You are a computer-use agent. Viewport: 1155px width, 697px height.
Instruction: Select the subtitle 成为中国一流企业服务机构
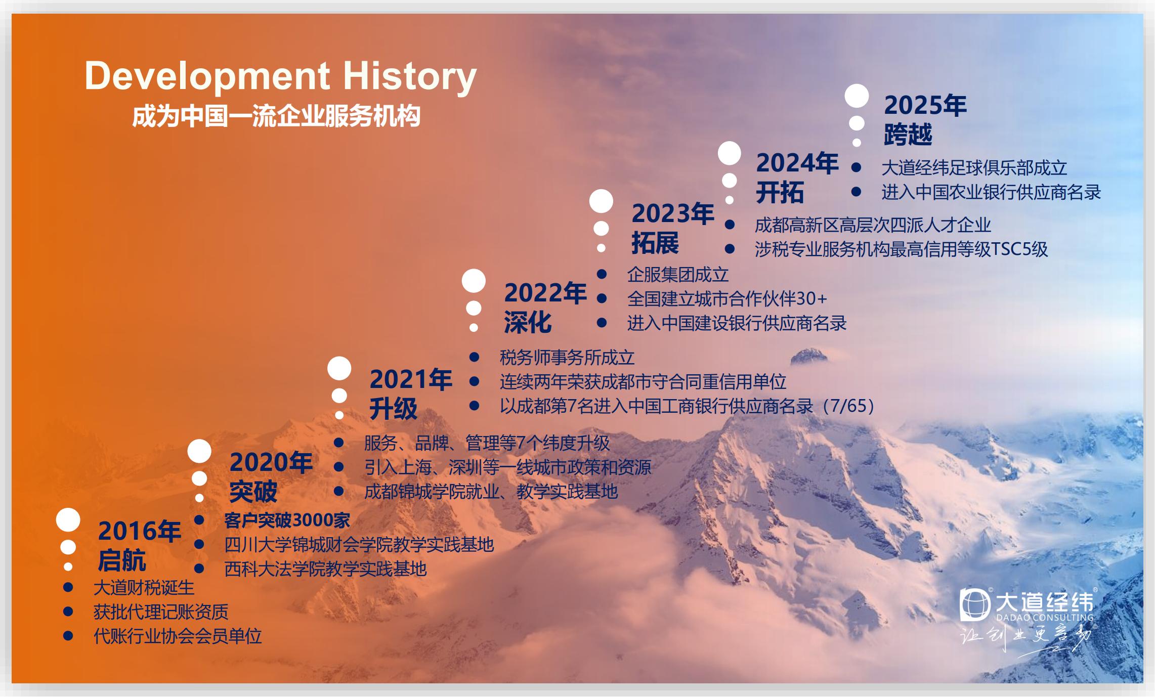coord(276,116)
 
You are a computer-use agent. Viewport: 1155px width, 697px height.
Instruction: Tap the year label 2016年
coord(140,531)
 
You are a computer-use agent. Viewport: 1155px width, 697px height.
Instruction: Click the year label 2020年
coord(271,462)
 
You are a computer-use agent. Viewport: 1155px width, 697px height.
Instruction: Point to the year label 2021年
coord(411,380)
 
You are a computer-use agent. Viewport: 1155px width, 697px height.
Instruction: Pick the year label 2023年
coord(673,213)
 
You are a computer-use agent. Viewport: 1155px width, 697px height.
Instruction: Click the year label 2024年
coord(797,163)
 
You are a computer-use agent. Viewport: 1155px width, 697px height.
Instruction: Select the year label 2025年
coord(925,105)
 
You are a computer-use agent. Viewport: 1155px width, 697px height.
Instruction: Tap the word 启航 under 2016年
coord(122,560)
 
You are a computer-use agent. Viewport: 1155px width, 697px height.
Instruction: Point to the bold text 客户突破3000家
coord(287,520)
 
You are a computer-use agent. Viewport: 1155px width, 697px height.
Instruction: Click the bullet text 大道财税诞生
coord(144,588)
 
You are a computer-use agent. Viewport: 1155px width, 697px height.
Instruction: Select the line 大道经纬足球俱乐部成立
coord(974,168)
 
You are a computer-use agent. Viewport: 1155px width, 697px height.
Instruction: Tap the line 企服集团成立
coord(678,275)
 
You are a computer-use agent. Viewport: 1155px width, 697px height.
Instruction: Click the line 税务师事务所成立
coord(567,358)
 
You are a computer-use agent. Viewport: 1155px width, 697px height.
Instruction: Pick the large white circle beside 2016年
coord(68,520)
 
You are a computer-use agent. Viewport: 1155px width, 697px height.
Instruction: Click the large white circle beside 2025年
coord(857,96)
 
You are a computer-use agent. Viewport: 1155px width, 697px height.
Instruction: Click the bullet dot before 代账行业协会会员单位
coord(68,636)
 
